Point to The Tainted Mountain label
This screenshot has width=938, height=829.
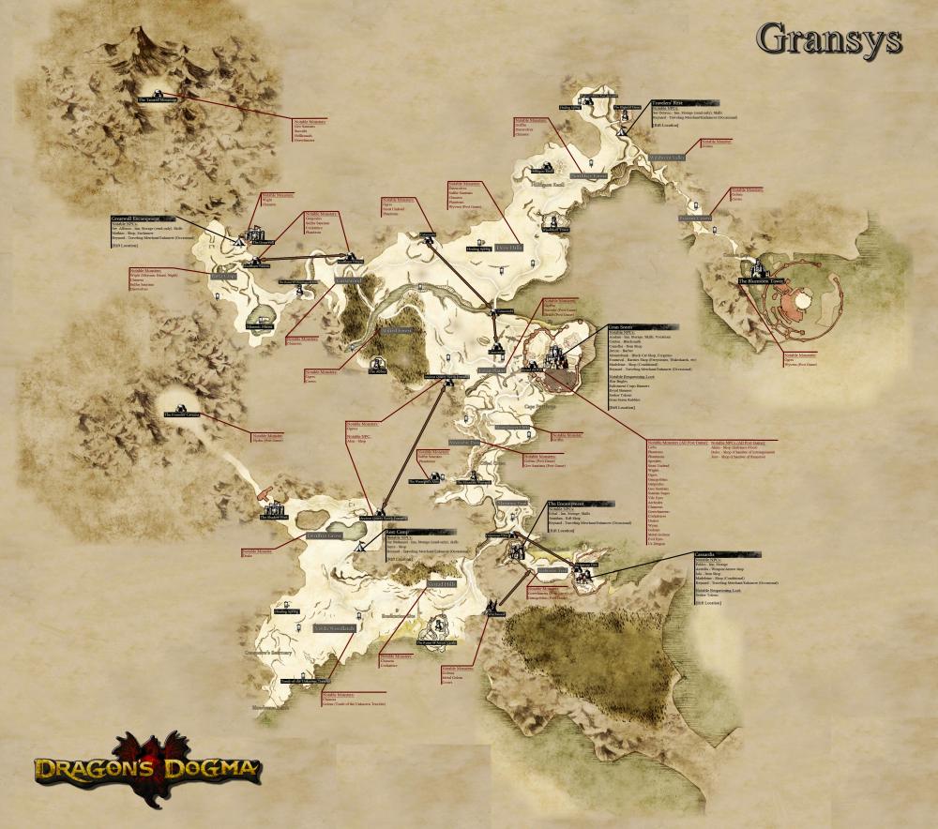157,98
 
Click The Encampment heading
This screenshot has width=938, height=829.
568,504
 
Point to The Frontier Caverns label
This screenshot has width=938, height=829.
180,414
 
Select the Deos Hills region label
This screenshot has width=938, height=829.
439,582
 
